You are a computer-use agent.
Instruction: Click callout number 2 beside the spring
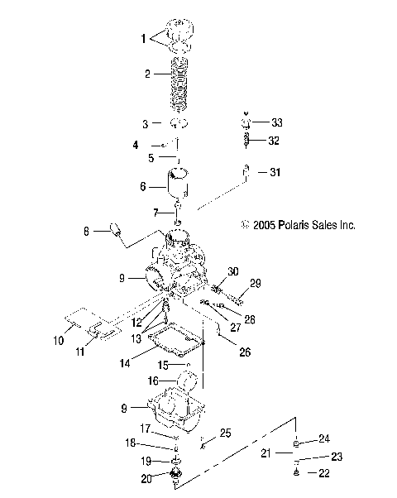point(147,74)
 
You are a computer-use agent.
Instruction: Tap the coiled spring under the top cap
point(179,85)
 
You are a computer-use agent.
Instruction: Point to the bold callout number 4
point(135,146)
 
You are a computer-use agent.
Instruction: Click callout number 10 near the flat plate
point(57,339)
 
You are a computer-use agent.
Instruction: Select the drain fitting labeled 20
point(175,478)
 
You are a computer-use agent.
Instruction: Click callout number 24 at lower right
point(323,438)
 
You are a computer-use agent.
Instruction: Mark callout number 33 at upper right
point(276,122)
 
